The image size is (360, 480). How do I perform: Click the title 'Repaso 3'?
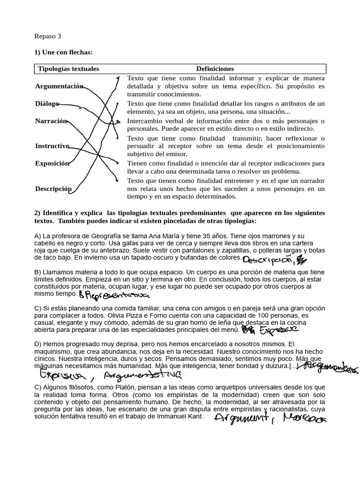tap(48, 36)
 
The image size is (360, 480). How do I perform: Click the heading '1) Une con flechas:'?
tap(63, 52)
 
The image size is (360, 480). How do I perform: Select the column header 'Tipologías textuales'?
tap(68, 69)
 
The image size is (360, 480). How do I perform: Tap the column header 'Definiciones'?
tap(215, 69)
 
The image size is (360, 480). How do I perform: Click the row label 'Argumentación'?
tap(59, 86)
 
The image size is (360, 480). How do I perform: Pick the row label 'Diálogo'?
tap(47, 104)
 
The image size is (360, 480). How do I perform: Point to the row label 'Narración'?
tap(51, 121)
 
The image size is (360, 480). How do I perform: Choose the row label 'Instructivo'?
tap(52, 146)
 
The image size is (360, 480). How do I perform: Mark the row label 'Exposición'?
tap(52, 164)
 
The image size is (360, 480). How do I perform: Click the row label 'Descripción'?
tap(53, 189)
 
